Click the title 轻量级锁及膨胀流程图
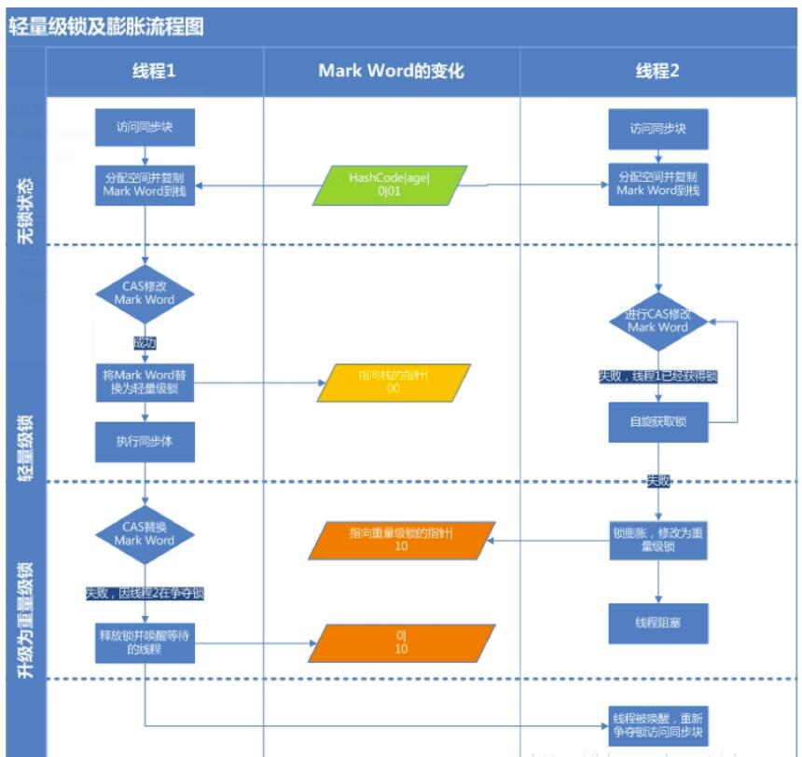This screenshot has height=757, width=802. coord(105,26)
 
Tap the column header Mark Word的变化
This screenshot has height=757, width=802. coord(391,71)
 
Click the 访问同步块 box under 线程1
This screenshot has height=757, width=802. coord(145,128)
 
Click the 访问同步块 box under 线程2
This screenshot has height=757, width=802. coord(657,129)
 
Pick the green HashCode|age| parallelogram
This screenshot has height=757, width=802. coord(391,186)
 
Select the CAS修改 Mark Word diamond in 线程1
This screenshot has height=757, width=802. coord(145,294)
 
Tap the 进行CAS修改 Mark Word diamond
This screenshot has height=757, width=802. coord(657,321)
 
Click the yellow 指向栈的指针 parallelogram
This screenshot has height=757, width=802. coord(393,382)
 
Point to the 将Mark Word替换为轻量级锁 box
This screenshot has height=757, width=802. coord(145,382)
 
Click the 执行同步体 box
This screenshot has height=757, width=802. coord(145,441)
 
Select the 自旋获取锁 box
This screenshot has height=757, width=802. coord(657,422)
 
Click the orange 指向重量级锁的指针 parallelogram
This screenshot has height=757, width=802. coord(400,540)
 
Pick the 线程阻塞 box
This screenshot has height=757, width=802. coord(657,623)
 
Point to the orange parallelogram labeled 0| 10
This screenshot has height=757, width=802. coord(400,642)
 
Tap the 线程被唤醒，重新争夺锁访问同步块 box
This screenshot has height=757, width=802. coord(657,725)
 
